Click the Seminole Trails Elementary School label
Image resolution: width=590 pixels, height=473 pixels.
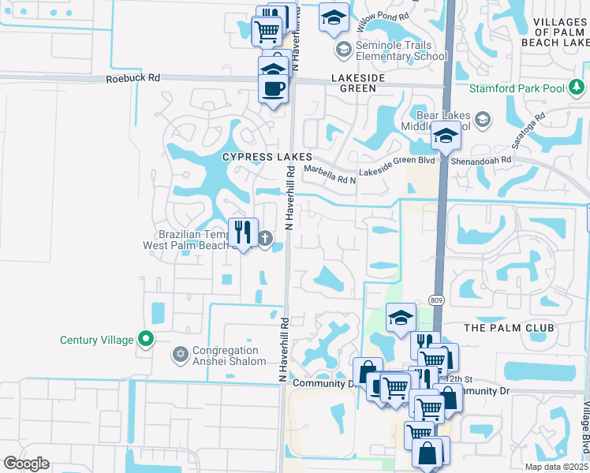coord(401,50)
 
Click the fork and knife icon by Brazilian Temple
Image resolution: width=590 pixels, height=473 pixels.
coord(243,233)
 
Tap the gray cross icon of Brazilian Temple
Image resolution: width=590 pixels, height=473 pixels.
coord(267,237)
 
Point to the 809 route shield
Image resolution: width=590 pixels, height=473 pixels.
coord(436,300)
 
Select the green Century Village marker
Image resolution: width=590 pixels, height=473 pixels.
coord(145,340)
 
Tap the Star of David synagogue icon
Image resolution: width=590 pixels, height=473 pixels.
coord(180,356)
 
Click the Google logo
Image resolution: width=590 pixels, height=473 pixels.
coord(26,464)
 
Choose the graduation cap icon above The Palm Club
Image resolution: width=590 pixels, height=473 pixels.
coord(401,318)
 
